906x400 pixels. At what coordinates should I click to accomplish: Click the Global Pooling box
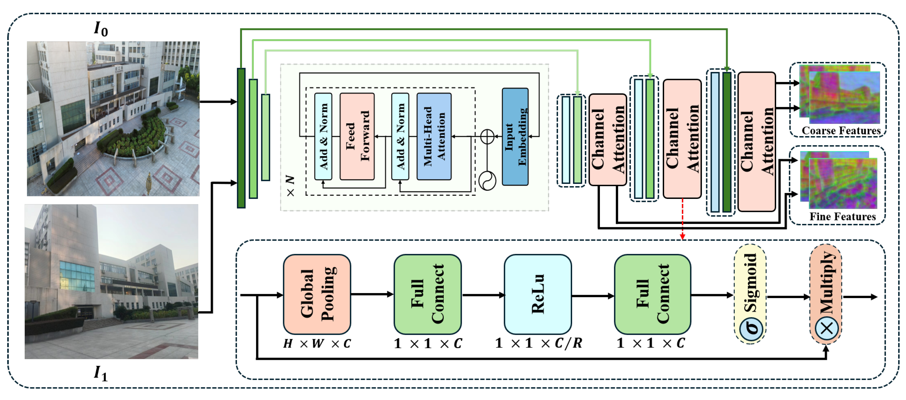317,294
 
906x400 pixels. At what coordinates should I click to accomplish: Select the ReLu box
537,294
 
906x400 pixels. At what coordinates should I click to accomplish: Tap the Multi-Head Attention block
434,136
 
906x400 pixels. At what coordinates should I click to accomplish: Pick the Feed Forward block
357,136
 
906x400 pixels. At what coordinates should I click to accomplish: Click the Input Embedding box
515,136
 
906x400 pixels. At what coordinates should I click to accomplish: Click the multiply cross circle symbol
826,328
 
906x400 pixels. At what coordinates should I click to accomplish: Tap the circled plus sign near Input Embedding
487,136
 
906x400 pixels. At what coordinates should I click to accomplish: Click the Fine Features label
842,216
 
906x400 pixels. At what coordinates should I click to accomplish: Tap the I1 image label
101,373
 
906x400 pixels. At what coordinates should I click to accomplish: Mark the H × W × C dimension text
317,343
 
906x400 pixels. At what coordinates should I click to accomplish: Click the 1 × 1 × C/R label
538,343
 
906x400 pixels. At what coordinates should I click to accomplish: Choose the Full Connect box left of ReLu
427,294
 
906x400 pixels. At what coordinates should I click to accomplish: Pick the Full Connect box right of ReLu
652,294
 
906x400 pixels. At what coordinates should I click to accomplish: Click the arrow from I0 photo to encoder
218,102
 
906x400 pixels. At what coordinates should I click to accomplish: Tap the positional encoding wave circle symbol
487,181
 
